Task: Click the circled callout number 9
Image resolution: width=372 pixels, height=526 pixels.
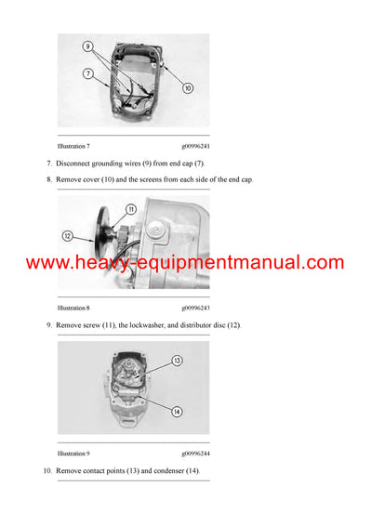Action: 87,46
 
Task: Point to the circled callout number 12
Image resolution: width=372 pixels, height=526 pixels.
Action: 67,236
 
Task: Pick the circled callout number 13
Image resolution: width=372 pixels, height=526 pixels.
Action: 177,359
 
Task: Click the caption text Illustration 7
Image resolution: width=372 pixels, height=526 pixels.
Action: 73,146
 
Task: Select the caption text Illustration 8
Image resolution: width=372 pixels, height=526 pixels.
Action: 73,307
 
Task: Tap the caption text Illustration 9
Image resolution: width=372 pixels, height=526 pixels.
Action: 73,454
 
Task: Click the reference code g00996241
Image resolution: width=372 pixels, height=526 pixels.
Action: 195,146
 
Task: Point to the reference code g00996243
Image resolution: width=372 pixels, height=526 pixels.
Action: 195,307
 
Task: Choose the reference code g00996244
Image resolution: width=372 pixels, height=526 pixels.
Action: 195,454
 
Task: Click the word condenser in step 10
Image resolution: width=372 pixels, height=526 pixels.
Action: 173,472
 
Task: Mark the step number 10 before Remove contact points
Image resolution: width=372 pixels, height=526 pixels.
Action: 46,472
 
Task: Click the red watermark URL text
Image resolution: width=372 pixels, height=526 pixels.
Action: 185,263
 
